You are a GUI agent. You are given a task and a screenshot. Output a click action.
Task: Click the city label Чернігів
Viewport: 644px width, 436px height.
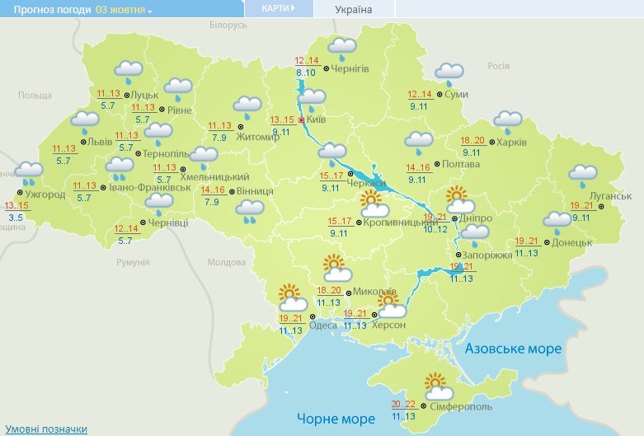350,68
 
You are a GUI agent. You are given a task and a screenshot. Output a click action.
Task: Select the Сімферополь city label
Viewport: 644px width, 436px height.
461,407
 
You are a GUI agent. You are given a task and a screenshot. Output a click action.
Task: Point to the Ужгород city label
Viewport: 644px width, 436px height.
40,195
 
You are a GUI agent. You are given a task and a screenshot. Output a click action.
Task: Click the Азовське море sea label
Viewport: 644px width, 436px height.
513,349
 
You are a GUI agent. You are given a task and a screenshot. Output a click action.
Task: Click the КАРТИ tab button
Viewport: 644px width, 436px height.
278,8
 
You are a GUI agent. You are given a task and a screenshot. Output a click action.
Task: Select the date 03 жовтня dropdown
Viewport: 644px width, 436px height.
124,10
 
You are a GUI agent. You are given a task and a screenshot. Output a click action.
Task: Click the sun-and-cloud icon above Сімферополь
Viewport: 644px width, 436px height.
435,383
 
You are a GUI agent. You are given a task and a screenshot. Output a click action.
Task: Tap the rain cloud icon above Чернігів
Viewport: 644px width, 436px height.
341,49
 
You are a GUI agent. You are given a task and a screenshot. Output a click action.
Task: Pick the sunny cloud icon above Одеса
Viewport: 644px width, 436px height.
292,295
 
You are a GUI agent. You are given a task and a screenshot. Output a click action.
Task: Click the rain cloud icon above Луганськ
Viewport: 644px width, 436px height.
583,175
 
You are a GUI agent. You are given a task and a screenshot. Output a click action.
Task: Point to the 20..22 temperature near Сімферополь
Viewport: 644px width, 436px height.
403,404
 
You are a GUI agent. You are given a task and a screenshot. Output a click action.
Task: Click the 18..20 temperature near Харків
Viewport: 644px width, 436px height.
472,140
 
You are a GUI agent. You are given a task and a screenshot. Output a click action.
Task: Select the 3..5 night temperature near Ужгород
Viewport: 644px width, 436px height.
15,217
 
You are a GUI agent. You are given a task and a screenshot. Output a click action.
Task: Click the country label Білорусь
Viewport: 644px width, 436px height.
228,26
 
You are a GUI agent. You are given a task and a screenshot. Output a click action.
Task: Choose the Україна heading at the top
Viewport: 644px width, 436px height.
354,10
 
